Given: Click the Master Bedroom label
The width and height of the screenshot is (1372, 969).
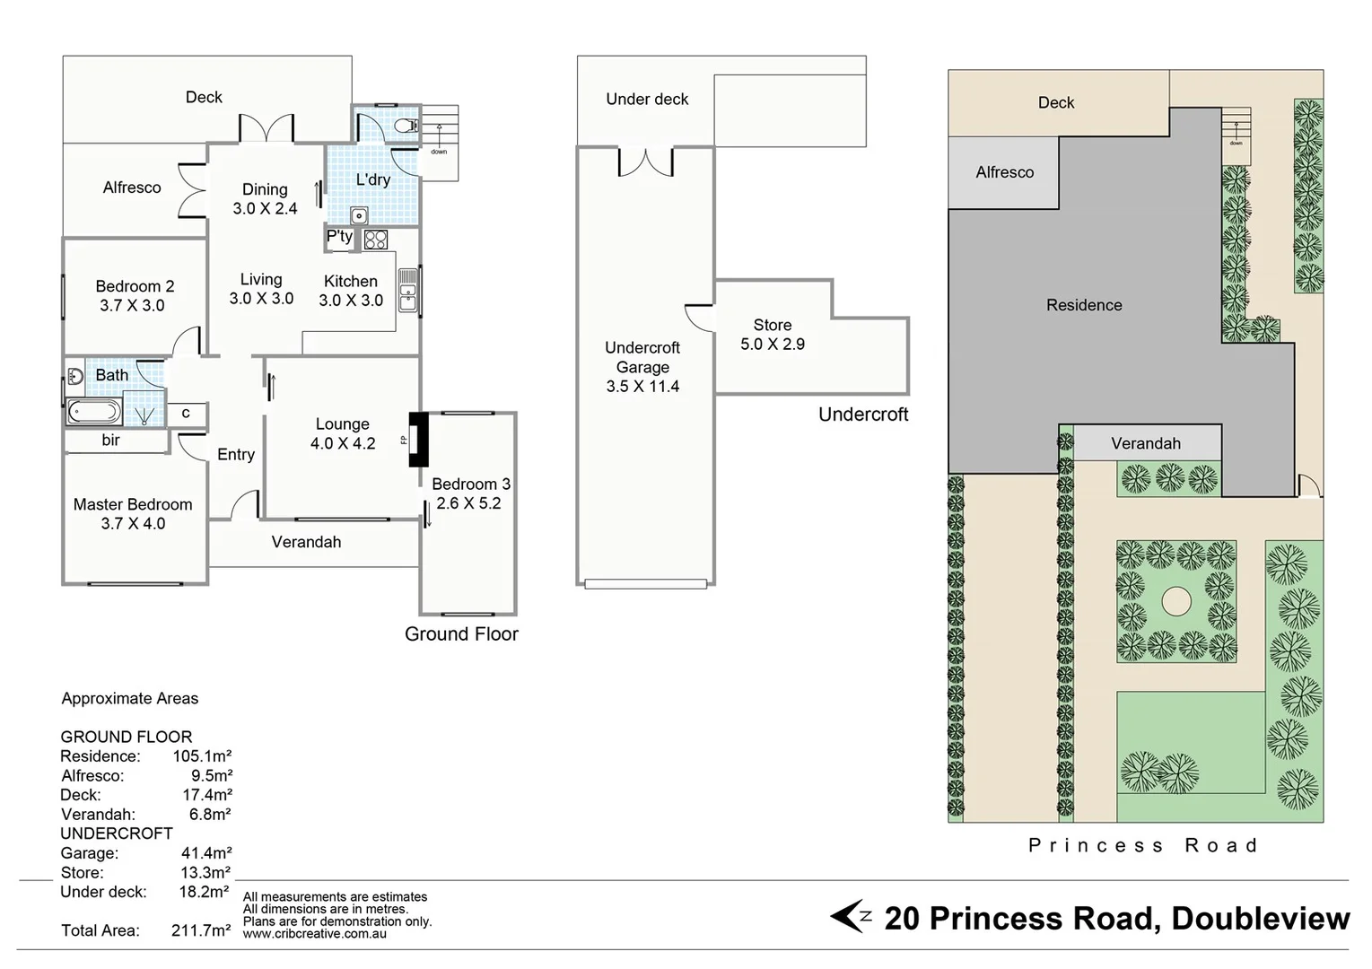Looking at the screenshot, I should click(133, 504).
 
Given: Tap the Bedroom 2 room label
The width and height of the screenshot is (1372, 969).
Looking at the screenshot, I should click(135, 286).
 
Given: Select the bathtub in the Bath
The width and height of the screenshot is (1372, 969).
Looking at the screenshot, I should click(94, 413).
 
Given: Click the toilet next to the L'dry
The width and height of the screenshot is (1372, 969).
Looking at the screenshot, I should click(408, 125).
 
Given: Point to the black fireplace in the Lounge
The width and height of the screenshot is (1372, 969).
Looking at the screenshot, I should click(419, 439).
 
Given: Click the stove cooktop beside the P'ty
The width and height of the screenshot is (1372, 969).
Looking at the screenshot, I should click(375, 240).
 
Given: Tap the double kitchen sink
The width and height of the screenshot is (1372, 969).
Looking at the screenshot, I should click(407, 290).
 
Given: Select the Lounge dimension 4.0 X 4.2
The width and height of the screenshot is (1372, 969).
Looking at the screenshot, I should click(343, 443).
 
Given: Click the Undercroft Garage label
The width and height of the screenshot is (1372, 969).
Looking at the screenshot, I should click(642, 357).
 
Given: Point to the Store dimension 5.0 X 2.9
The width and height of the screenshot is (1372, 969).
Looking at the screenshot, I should click(773, 344).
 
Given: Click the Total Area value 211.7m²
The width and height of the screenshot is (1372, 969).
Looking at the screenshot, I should click(201, 930).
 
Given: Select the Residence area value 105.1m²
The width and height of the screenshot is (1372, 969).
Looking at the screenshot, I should click(202, 756).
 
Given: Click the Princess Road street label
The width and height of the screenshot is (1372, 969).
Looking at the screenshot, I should click(1143, 845).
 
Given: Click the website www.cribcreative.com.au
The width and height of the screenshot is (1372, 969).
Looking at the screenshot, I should click(315, 934).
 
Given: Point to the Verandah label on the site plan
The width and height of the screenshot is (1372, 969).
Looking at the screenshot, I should click(1146, 443).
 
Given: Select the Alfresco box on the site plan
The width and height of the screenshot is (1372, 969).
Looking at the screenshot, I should click(1004, 172).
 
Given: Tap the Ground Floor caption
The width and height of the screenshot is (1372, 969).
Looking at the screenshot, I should click(461, 633).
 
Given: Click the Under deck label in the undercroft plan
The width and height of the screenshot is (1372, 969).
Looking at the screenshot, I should click(647, 99).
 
